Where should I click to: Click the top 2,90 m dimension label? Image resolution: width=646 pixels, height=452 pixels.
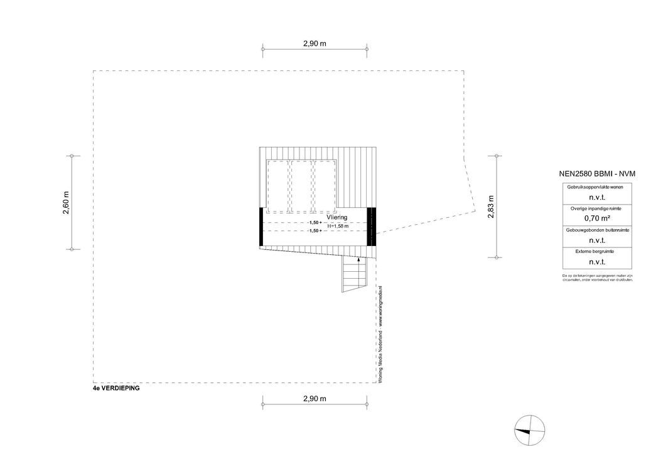(315, 44)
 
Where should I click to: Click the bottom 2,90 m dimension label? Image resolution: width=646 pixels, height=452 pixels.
(315, 399)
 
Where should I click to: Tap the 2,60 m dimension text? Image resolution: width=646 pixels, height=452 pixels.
(66, 203)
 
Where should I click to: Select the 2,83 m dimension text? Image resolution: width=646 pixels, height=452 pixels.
(491, 207)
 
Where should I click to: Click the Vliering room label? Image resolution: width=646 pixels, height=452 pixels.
(336, 217)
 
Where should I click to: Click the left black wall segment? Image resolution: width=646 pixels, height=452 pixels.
(261, 227)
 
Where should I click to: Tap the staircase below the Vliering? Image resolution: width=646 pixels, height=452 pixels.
(353, 276)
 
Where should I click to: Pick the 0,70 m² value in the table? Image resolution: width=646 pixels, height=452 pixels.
(596, 218)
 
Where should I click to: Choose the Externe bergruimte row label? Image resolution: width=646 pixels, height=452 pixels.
(596, 251)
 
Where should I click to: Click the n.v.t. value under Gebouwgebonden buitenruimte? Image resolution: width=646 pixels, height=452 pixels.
(596, 240)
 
